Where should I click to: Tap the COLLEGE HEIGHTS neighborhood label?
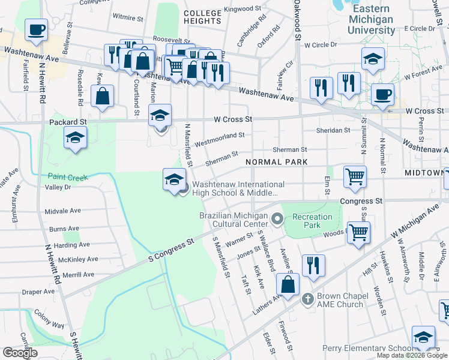click(202, 17)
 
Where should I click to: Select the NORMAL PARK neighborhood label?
click(276, 162)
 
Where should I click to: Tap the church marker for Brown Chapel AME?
click(307, 298)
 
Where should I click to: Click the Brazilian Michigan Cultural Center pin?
click(277, 219)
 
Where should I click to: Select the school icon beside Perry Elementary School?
click(423, 338)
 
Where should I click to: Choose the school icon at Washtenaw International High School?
click(173, 181)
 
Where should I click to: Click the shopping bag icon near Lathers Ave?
click(288, 284)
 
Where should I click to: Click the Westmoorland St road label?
click(219, 139)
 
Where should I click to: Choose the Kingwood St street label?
click(243, 10)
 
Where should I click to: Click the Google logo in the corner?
click(19, 353)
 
